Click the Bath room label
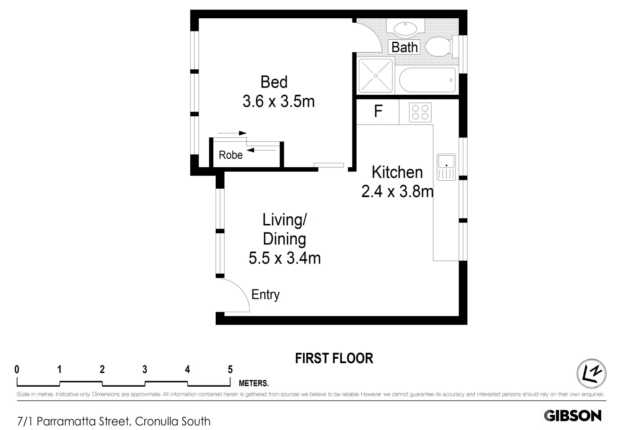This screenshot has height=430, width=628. click(x=404, y=47)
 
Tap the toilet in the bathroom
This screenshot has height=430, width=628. click(x=439, y=46)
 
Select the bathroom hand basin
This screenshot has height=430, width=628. click(x=406, y=28)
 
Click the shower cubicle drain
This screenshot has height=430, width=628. click(x=376, y=75)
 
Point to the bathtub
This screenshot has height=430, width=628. click(x=427, y=80)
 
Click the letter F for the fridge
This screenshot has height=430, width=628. click(x=378, y=111)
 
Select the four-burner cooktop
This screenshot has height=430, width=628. click(x=420, y=112)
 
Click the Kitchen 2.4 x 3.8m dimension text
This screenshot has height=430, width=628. click(x=397, y=192)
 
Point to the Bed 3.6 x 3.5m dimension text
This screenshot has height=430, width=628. click(x=278, y=102)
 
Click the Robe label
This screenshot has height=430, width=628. click(x=230, y=155)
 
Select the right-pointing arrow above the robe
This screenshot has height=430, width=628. click(x=232, y=133)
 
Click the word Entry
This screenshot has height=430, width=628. click(x=266, y=295)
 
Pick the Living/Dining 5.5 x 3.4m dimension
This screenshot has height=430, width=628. click(x=284, y=258)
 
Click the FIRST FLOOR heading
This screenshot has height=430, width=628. click(x=334, y=358)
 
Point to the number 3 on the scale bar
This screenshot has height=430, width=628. click(x=145, y=369)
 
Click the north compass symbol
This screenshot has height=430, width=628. click(x=591, y=373)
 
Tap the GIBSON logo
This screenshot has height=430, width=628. click(x=573, y=416)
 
